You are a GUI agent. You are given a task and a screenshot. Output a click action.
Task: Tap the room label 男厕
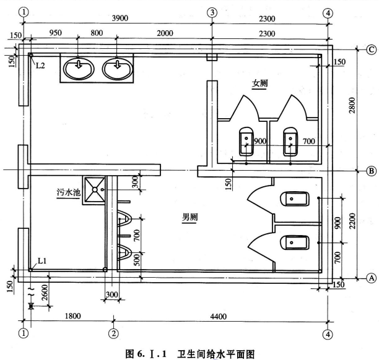[189, 218]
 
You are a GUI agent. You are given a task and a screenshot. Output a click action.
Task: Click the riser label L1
[43, 262]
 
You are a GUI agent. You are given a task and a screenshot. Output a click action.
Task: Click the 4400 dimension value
[217, 317]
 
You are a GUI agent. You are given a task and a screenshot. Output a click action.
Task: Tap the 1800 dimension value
[72, 317]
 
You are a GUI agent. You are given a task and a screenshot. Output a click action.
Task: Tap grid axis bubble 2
[113, 334]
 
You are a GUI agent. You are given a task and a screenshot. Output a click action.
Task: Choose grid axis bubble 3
[212, 12]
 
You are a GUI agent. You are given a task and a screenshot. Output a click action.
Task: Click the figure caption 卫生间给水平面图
[205, 353]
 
